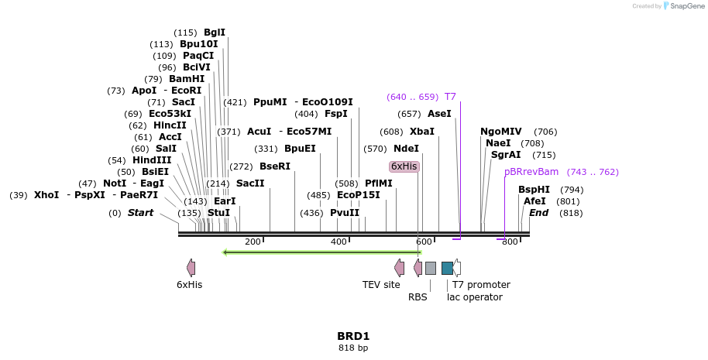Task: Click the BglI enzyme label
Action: tap(215, 33)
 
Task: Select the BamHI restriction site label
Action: tap(187, 79)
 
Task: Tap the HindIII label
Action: tap(152, 160)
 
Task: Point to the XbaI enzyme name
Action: tap(422, 132)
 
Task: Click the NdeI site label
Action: tap(406, 149)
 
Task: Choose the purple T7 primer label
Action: tap(450, 97)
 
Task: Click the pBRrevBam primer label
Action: tap(531, 172)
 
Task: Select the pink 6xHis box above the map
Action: tap(404, 166)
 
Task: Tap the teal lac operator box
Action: tap(447, 268)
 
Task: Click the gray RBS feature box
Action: tap(431, 268)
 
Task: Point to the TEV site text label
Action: tap(381, 285)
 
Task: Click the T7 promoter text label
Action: tap(481, 285)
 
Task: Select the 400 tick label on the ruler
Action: tap(339, 242)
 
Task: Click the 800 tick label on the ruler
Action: tap(510, 242)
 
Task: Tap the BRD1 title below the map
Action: tap(353, 336)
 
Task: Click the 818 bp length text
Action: tap(353, 348)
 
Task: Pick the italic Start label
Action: tap(141, 213)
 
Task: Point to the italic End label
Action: tap(539, 213)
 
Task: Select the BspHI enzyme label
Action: tap(534, 190)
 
